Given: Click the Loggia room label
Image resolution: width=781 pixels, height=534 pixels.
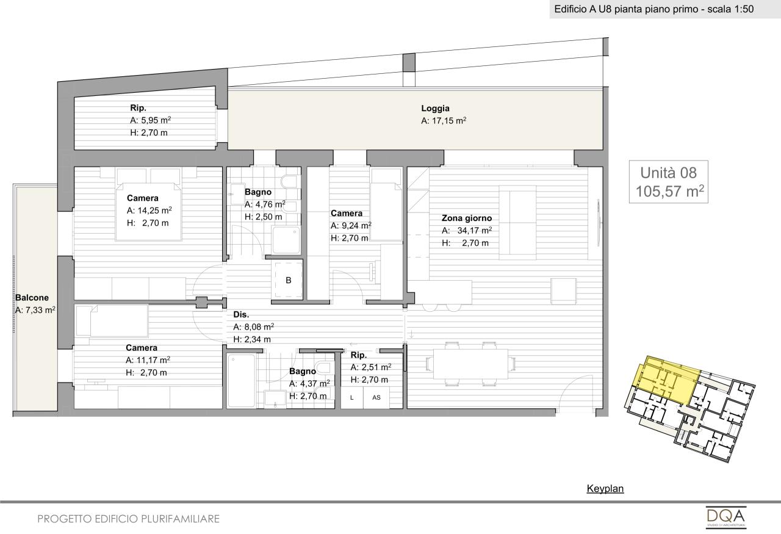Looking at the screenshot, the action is coord(435,109).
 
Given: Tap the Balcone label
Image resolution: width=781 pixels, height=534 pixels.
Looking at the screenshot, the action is coord(32,298).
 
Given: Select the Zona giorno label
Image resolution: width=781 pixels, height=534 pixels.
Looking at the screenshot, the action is coord(467,218).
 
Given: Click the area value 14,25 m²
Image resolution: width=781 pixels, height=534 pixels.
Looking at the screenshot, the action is coord(153,211).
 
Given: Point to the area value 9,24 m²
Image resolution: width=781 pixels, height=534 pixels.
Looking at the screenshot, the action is coord(356,226).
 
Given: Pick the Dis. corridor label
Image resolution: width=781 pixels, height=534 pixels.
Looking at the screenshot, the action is coord(241,314).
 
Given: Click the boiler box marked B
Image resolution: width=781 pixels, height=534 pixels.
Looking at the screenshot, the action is coord(288,280).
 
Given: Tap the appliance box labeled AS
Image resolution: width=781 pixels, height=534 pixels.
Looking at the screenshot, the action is coord(376,398).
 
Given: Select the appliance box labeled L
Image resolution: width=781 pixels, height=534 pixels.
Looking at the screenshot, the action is coord(352,398).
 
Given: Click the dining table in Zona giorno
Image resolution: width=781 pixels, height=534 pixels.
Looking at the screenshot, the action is coord(470,364).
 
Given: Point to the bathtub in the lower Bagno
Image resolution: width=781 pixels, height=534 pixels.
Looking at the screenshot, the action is coord(241,381).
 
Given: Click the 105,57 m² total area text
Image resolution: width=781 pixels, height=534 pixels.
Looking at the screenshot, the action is coord(670,191).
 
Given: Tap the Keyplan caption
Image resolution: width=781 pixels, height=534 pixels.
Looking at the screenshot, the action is coord(605,488).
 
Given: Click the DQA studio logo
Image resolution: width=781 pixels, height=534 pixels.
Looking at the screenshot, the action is coord(726,518).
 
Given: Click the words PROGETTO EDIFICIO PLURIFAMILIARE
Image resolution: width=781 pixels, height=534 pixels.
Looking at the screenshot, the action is coord(128,519).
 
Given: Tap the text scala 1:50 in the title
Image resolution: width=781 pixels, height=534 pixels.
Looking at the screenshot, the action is coord(730,9).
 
